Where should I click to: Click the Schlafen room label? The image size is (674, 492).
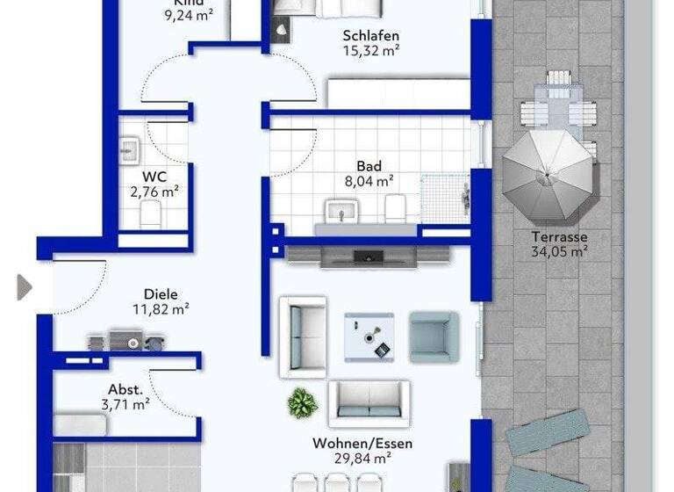pyautogui.click(x=371, y=36)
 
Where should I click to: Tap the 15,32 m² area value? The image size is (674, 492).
pyautogui.click(x=371, y=51)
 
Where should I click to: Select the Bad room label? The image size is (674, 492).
pyautogui.click(x=368, y=166)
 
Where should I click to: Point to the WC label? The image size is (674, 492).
pyautogui.click(x=154, y=176)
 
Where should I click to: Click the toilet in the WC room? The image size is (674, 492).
pyautogui.click(x=150, y=213)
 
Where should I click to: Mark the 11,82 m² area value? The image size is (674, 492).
pyautogui.click(x=160, y=308)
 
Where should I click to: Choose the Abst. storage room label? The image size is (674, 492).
pyautogui.click(x=125, y=390)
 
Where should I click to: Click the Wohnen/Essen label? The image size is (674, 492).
pyautogui.click(x=362, y=444)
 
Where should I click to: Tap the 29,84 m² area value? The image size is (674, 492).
pyautogui.click(x=362, y=458)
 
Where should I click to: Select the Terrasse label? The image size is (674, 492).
pyautogui.click(x=559, y=236)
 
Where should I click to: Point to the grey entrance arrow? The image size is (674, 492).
pyautogui.click(x=24, y=287)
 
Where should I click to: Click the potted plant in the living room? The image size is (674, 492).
pyautogui.click(x=302, y=402)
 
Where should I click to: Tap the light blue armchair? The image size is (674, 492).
pyautogui.click(x=434, y=336)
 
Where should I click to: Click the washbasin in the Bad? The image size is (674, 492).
pyautogui.click(x=341, y=212)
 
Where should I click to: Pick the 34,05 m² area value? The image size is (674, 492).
pyautogui.click(x=559, y=251)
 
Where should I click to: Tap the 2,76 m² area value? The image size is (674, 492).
pyautogui.click(x=154, y=191)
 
